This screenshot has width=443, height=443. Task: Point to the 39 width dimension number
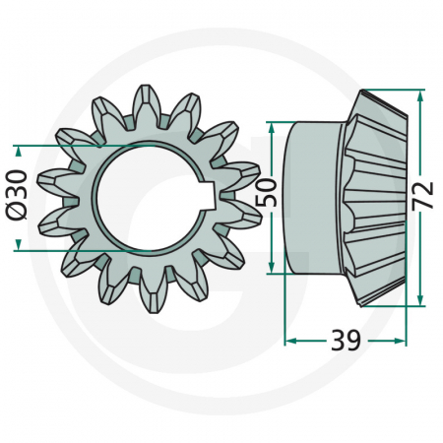345,341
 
